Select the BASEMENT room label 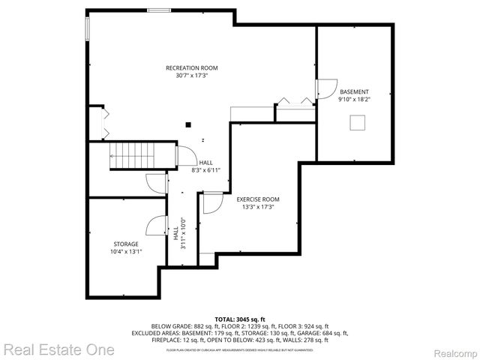(354, 91)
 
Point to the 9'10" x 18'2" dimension (354, 99)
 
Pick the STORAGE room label (126, 244)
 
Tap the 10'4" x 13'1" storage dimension (126, 251)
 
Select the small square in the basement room (358, 122)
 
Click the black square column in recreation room (189, 124)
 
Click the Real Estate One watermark (58, 349)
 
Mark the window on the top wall (158, 10)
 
